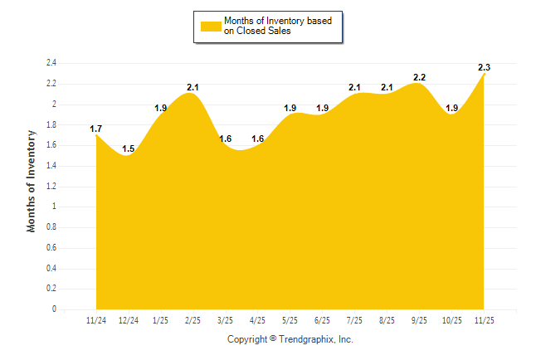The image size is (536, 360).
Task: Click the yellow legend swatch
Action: point(210,26)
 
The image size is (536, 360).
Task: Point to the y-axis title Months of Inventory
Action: point(32,181)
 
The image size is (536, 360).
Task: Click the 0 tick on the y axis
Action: point(54,309)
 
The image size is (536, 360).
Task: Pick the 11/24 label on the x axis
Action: point(96,320)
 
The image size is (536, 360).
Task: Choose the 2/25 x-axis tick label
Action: point(192,320)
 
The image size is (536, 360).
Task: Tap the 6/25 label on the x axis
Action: point(322,320)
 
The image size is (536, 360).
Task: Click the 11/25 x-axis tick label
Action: point(483,320)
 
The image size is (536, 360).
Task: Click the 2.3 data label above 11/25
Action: point(483,66)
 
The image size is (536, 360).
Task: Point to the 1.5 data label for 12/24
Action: point(128,148)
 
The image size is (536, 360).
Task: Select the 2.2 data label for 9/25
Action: point(419,77)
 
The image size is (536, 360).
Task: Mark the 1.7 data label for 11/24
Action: point(96,129)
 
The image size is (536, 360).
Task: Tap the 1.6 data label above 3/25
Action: point(225,139)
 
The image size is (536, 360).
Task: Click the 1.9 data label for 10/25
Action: point(451,108)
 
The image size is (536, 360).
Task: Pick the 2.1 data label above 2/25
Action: point(192,87)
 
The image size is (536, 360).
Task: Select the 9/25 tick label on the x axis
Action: point(419,320)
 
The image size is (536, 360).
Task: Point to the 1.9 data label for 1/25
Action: point(160,108)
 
